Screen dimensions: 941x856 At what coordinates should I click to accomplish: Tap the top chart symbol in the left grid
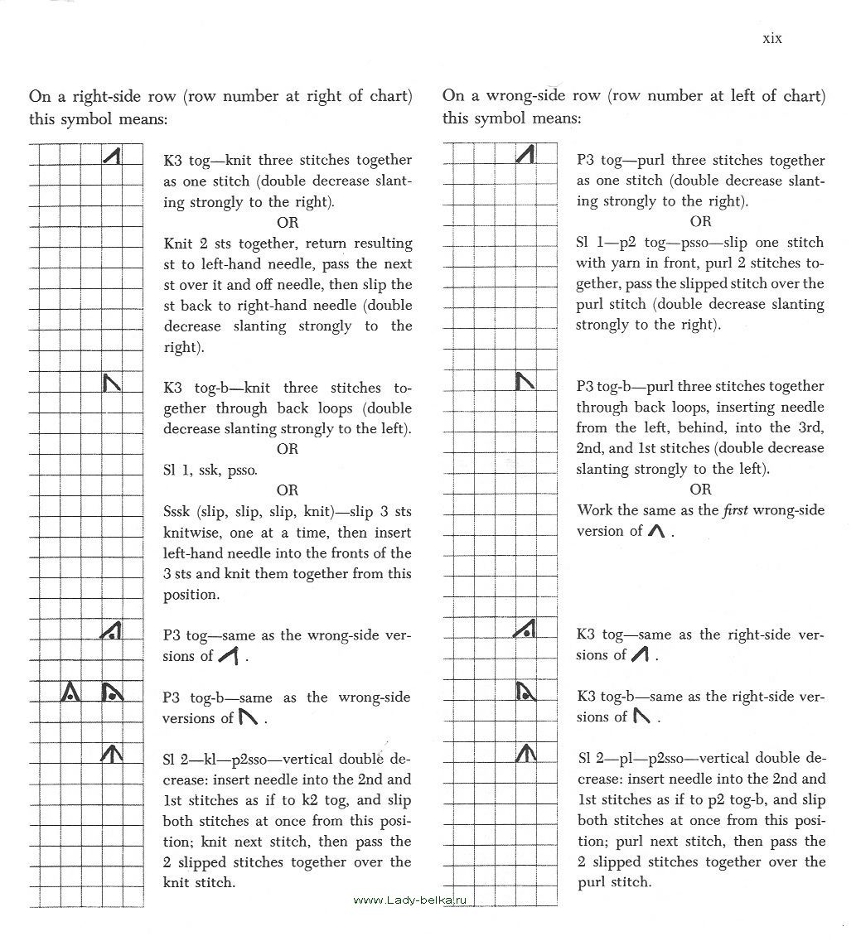pyautogui.click(x=113, y=154)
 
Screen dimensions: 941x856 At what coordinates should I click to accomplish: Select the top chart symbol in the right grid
pyautogui.click(x=525, y=154)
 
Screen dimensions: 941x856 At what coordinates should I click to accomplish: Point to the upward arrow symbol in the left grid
pyautogui.click(x=111, y=753)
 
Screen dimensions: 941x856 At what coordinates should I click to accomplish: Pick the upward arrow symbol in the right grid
pyautogui.click(x=525, y=753)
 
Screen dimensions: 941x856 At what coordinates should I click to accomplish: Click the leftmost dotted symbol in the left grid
pyautogui.click(x=71, y=691)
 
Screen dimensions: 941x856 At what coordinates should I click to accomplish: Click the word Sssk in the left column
pyautogui.click(x=179, y=511)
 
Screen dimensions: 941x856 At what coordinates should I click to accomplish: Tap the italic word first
pyautogui.click(x=734, y=510)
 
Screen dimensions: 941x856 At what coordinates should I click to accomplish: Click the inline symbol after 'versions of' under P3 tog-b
pyautogui.click(x=247, y=717)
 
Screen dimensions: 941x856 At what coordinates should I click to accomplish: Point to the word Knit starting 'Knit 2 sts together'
pyautogui.click(x=178, y=244)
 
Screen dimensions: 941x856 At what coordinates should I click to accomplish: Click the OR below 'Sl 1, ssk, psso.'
pyautogui.click(x=288, y=490)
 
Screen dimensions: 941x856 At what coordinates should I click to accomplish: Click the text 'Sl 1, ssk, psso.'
pyautogui.click(x=210, y=470)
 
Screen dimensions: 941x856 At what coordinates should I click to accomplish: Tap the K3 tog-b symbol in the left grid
pyautogui.click(x=111, y=382)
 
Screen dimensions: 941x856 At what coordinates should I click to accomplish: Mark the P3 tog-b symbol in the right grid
pyautogui.click(x=525, y=381)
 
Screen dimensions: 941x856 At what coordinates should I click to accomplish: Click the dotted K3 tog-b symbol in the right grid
pyautogui.click(x=525, y=691)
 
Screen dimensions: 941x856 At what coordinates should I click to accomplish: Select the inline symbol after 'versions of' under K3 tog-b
pyautogui.click(x=641, y=716)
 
